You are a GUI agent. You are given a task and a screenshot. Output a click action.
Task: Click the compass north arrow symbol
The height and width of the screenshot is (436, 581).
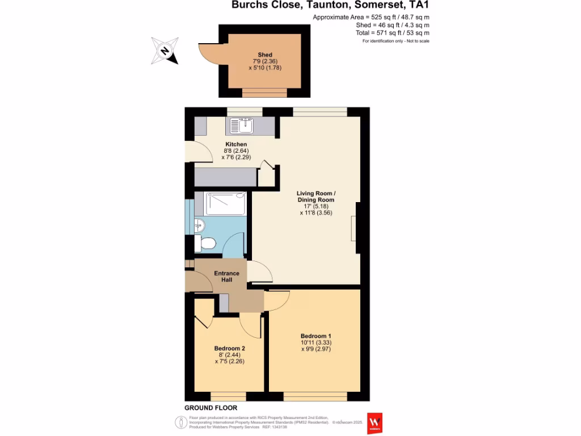tap(165, 51)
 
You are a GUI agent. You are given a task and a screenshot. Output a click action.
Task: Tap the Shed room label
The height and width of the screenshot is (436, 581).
tap(265, 55)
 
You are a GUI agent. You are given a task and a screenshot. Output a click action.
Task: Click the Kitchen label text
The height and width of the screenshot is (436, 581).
tap(236, 144)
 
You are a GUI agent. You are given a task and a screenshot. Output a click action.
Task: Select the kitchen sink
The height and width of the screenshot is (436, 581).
tap(245, 124)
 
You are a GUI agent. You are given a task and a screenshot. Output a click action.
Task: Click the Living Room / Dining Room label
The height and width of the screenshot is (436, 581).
tap(316, 196)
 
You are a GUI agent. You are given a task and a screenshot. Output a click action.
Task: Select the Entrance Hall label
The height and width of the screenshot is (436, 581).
tap(226, 276)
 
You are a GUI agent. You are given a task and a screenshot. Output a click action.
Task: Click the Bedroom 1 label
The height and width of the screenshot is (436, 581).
tap(316, 336)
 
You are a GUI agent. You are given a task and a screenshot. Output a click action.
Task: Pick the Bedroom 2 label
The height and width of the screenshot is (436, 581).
tap(230, 348)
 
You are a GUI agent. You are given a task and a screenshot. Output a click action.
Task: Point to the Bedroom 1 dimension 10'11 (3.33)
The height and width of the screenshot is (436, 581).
tap(316, 342)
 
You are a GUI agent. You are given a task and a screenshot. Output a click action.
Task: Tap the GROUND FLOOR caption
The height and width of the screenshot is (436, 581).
tap(211, 408)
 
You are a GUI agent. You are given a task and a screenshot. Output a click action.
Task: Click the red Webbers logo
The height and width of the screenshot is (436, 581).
tap(375, 423)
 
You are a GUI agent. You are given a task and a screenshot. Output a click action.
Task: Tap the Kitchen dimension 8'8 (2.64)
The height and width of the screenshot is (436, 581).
tap(236, 151)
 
